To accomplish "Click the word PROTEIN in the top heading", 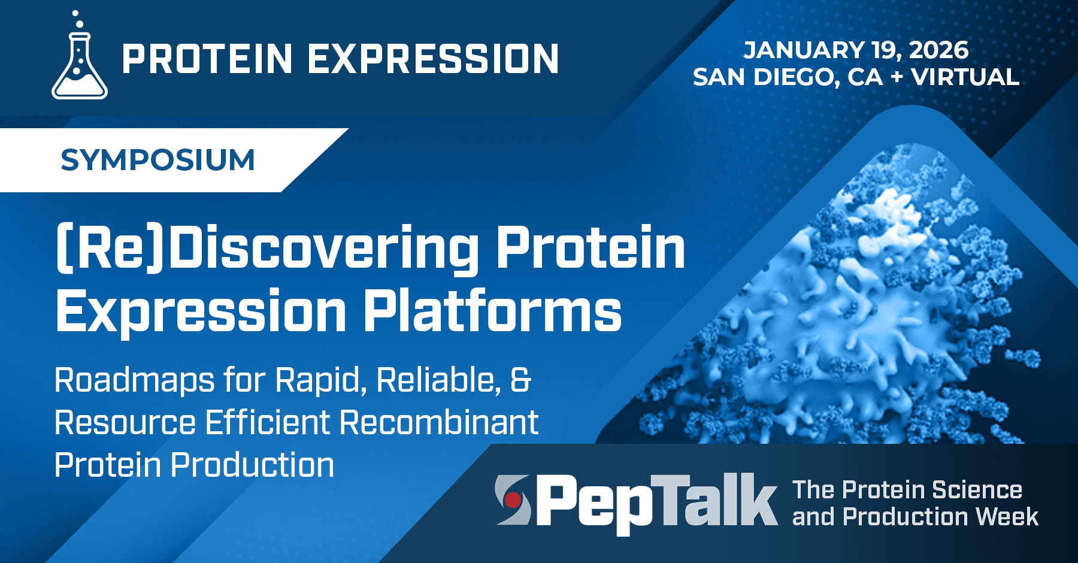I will (x=207, y=59).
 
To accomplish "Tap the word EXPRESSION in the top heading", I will (x=434, y=59).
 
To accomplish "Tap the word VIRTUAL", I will (x=965, y=77).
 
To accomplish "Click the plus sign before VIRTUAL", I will (x=897, y=77).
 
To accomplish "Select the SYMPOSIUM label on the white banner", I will (x=158, y=161).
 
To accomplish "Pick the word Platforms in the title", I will (x=492, y=311).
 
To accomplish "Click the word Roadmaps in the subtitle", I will (x=134, y=381).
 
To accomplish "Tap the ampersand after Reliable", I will (x=520, y=381).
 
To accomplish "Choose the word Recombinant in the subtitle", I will (x=439, y=423).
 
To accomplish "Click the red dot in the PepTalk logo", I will (x=512, y=499).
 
